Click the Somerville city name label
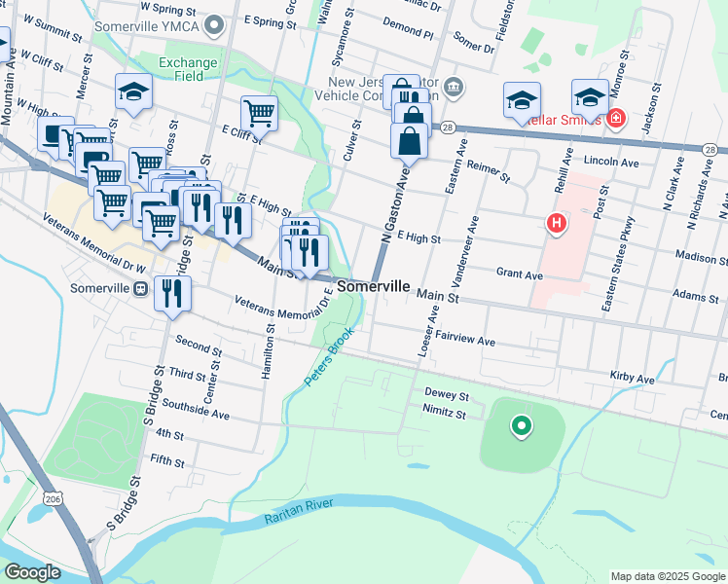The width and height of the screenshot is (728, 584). [374, 289]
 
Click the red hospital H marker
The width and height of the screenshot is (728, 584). [557, 224]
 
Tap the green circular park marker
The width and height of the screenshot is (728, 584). [521, 425]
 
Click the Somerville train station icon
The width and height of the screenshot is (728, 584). [141, 289]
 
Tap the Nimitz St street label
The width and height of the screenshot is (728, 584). [446, 414]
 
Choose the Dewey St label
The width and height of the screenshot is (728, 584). [447, 396]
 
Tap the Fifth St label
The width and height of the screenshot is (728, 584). [168, 458]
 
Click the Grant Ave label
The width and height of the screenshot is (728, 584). [519, 275]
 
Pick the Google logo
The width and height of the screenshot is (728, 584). [33, 572]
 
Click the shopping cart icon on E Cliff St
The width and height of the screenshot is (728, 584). [259, 113]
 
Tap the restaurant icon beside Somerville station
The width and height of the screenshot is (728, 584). [172, 292]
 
